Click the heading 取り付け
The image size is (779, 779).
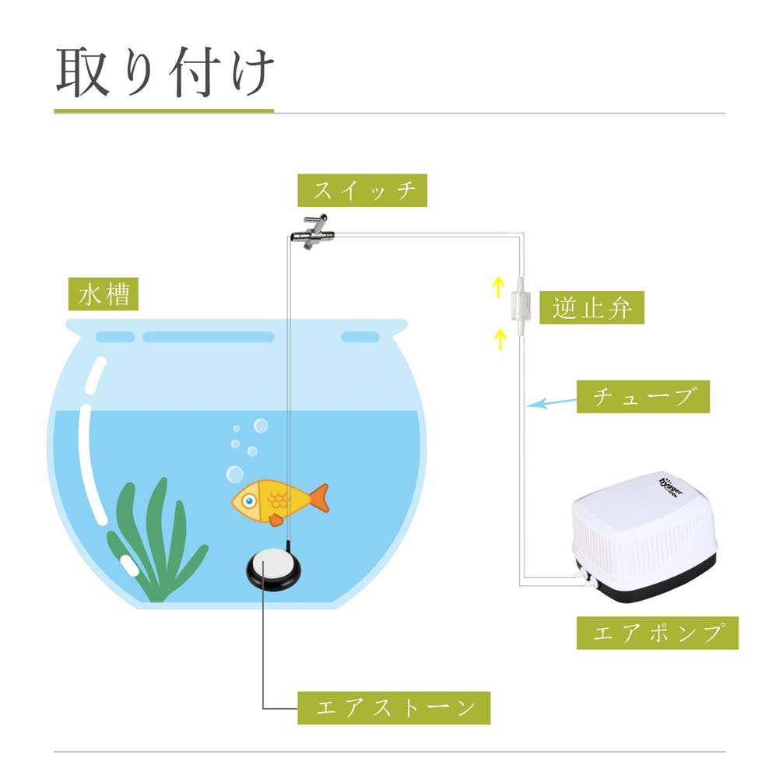click(x=165, y=73)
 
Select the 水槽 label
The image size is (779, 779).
click(x=104, y=296)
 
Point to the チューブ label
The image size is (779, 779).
click(x=643, y=397)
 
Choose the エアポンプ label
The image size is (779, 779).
click(x=657, y=633)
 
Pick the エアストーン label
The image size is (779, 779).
click(x=394, y=708)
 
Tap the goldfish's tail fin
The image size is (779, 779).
click(x=317, y=498)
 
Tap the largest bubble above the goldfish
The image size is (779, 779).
click(x=234, y=473)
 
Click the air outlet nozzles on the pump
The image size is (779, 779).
click(x=584, y=576)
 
